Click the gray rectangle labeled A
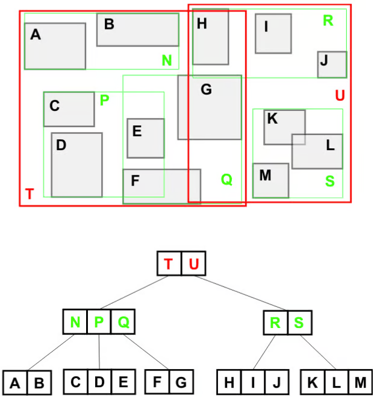pyautogui.click(x=55, y=46)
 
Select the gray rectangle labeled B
pyautogui.click(x=138, y=30)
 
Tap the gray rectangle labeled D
pyautogui.click(x=76, y=165)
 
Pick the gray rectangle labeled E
pyautogui.click(x=145, y=138)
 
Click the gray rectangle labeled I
pyautogui.click(x=273, y=34)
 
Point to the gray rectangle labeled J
pyautogui.click(x=332, y=65)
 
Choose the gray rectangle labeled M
pyautogui.click(x=270, y=180)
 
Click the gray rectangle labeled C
pyautogui.click(x=69, y=109)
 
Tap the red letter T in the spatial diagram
pyautogui.click(x=30, y=194)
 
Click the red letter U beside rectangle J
pyautogui.click(x=340, y=95)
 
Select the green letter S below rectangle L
pyautogui.click(x=329, y=180)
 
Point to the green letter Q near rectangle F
pyautogui.click(x=226, y=179)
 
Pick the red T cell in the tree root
pyautogui.click(x=169, y=264)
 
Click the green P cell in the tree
pyautogui.click(x=99, y=322)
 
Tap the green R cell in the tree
pyautogui.click(x=275, y=322)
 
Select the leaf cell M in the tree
pyautogui.click(x=360, y=382)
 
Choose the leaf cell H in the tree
pyautogui.click(x=229, y=382)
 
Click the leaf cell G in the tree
pyautogui.click(x=180, y=382)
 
